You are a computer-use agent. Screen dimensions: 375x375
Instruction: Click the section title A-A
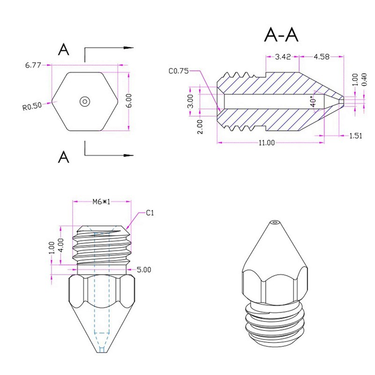click(281, 35)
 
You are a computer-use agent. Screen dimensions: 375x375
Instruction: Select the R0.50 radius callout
click(32, 106)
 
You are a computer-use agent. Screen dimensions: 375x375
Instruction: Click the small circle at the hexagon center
click(85, 101)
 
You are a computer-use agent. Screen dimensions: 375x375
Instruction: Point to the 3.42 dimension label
click(283, 57)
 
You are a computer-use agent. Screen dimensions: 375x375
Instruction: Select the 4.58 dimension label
click(321, 57)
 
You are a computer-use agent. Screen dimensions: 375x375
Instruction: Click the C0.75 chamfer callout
click(178, 71)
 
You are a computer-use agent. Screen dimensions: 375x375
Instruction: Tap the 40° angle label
click(313, 101)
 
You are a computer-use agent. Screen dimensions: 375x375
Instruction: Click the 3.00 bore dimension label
click(190, 101)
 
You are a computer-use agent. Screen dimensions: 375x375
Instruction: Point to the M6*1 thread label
click(102, 202)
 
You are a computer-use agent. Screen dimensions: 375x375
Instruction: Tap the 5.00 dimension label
click(143, 270)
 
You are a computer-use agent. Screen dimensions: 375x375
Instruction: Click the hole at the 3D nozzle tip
click(276, 221)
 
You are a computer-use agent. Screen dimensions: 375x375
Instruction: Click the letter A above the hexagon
click(64, 50)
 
